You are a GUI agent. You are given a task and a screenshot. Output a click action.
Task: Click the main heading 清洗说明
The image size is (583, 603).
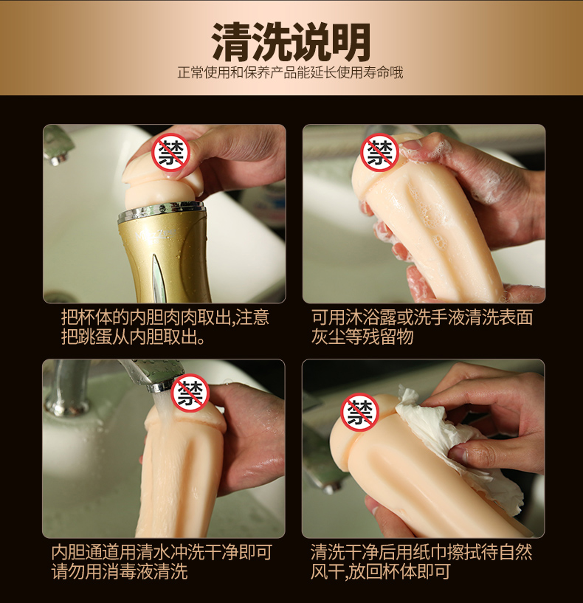click(x=291, y=42)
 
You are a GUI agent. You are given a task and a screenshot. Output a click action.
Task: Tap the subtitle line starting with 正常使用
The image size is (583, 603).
click(x=290, y=72)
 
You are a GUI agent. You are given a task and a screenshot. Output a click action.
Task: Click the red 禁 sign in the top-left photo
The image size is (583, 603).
click(x=171, y=152)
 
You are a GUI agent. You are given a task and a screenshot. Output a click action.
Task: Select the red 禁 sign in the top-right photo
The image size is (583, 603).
click(x=379, y=152)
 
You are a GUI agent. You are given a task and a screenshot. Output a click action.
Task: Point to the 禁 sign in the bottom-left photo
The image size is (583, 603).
click(x=190, y=393)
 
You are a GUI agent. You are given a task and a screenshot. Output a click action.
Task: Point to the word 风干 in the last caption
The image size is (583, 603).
click(x=327, y=571)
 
